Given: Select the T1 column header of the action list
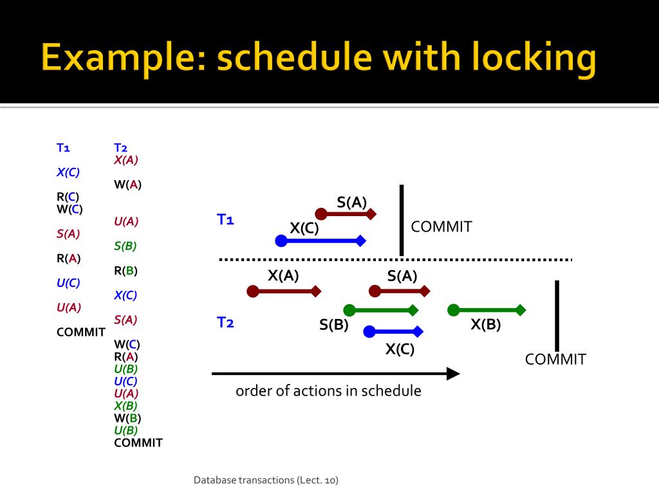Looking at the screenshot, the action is [x=62, y=148].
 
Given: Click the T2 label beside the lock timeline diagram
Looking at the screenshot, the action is [x=225, y=322].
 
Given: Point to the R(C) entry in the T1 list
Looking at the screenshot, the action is [x=68, y=197].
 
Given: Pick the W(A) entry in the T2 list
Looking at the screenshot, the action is [x=127, y=185].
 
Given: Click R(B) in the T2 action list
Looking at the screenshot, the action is [x=125, y=271].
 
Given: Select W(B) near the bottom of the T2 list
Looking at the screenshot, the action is [x=127, y=418].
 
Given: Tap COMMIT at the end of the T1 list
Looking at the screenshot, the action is [x=80, y=332].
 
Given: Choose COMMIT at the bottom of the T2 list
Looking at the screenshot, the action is [x=138, y=443].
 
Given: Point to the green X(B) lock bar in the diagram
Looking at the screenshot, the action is [x=487, y=310].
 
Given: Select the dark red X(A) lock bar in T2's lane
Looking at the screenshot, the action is [x=284, y=291].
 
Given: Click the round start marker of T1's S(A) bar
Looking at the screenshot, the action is [x=320, y=214].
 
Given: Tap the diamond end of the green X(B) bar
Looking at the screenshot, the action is [x=521, y=310].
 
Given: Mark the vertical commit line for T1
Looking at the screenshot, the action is [x=402, y=220].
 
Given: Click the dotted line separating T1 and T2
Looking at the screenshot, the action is [x=395, y=259].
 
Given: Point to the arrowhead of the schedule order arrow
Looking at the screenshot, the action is [x=454, y=373].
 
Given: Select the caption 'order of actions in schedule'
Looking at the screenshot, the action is [x=328, y=391].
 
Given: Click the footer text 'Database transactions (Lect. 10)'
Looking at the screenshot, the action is [x=266, y=480].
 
